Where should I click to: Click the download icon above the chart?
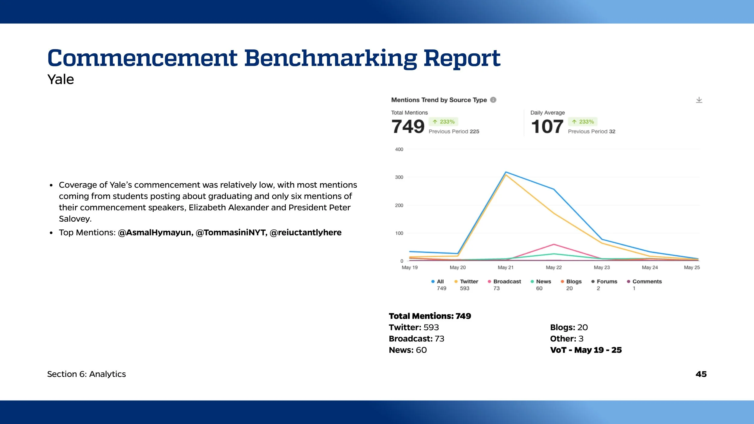pos(699,100)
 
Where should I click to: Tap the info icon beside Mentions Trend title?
pos(493,100)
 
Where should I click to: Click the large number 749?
pos(408,126)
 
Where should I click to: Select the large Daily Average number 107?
pos(547,126)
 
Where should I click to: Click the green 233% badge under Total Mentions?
pos(443,122)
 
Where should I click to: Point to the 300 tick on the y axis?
pos(399,177)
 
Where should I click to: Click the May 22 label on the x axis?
pos(554,267)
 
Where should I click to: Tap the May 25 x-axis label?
pos(692,267)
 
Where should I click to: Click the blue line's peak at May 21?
pos(506,172)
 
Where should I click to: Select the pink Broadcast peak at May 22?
pos(554,244)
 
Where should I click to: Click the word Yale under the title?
pos(61,80)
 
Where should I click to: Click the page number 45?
pos(701,374)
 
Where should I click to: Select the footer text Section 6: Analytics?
pos(87,374)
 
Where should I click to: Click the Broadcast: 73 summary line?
pos(417,339)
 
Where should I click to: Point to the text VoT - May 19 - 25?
pos(586,350)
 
